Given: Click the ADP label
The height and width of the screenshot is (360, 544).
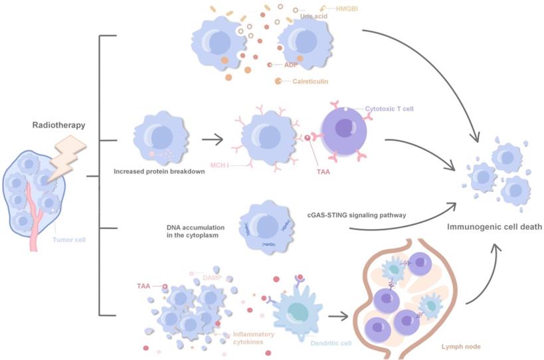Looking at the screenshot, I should tap(290, 64).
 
